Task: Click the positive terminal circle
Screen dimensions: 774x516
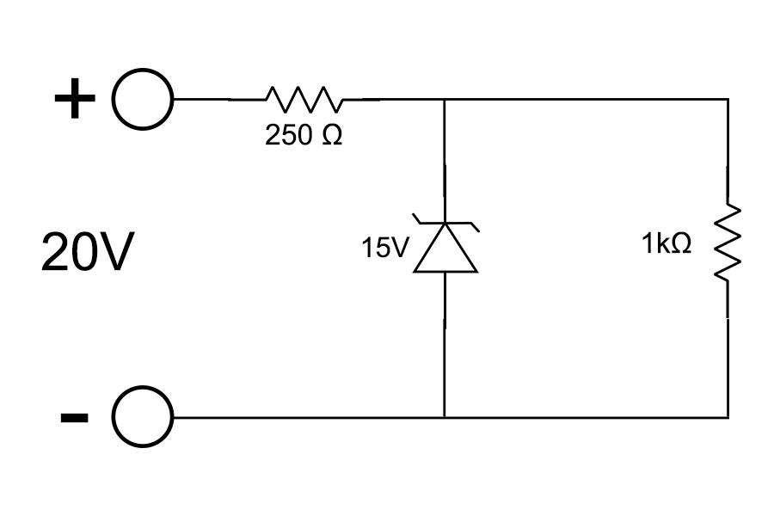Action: [x=143, y=71]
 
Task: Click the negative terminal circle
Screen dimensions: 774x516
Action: [x=143, y=388]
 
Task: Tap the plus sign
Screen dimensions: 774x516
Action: [x=75, y=98]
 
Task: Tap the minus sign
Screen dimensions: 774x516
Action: [x=75, y=418]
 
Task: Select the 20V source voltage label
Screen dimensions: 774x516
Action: [x=88, y=252]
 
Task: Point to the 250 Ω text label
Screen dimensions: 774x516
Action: [x=304, y=135]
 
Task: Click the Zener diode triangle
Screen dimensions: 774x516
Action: [x=445, y=248]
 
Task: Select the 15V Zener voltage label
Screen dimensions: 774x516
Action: [x=385, y=248]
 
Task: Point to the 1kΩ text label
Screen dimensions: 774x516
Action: [x=666, y=243]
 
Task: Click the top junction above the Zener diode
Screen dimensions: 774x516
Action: [x=445, y=99]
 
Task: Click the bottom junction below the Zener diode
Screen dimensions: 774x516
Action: [x=445, y=418]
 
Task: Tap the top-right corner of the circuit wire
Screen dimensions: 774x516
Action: [x=728, y=99]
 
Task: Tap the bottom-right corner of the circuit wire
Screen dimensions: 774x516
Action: [x=728, y=418]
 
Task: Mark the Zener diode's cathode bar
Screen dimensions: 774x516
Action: [x=445, y=224]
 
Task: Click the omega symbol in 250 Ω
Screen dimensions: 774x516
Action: [x=332, y=135]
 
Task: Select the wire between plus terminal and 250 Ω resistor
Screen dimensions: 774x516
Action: [x=219, y=99]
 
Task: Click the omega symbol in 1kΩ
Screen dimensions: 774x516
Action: [x=682, y=243]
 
